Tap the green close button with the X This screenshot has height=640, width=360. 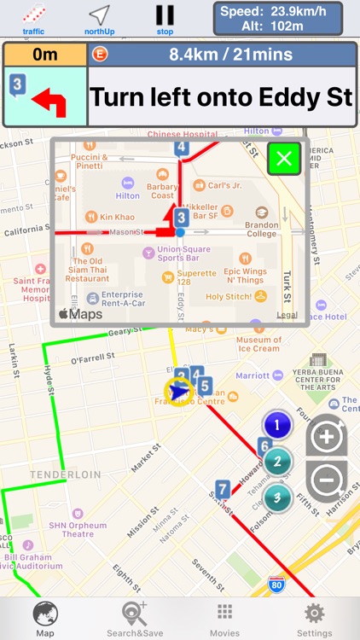(x=284, y=158)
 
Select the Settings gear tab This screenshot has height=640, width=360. (x=314, y=618)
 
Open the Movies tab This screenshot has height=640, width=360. (x=224, y=618)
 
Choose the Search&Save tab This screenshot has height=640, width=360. (x=134, y=618)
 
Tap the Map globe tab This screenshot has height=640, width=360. (x=44, y=618)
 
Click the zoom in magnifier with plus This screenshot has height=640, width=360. (x=327, y=437)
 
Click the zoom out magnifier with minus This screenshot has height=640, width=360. (x=327, y=480)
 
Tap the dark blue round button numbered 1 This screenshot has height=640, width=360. (x=277, y=424)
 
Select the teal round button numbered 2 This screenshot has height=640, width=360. (x=277, y=462)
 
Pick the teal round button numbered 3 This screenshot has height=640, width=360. (x=277, y=498)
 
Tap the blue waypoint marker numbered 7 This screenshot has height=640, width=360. (x=223, y=490)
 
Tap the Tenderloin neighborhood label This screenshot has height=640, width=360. (x=65, y=474)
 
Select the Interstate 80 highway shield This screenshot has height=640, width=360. (x=276, y=584)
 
